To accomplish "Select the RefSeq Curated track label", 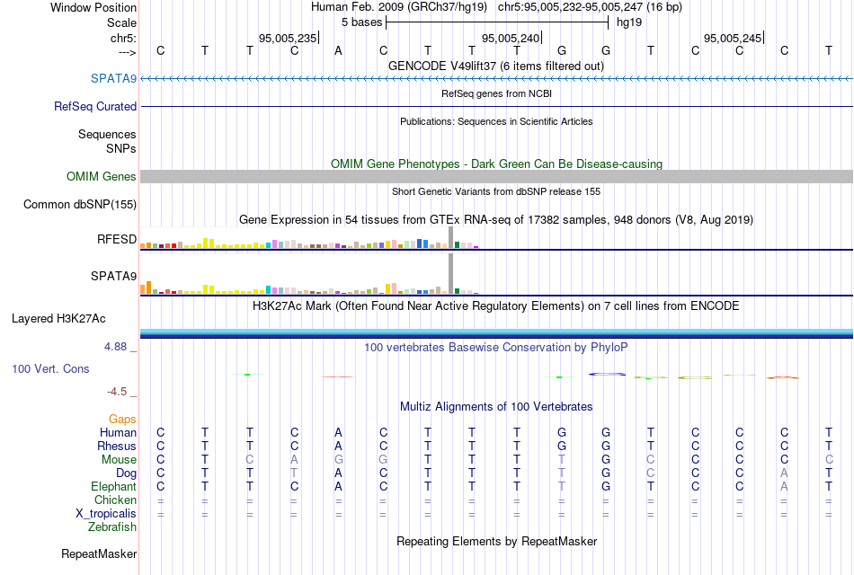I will coord(95,106).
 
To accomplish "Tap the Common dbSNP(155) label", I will coord(80,204).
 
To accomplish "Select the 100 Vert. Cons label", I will coord(50,368).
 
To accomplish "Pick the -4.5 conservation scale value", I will coord(120,392).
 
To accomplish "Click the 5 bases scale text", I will coord(362,22).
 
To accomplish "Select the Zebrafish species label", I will coord(112,526).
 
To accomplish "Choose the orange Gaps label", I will coord(122,419).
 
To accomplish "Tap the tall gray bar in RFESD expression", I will coord(450,237).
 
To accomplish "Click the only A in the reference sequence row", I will coord(338,50).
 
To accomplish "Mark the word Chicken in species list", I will coord(115,500).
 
